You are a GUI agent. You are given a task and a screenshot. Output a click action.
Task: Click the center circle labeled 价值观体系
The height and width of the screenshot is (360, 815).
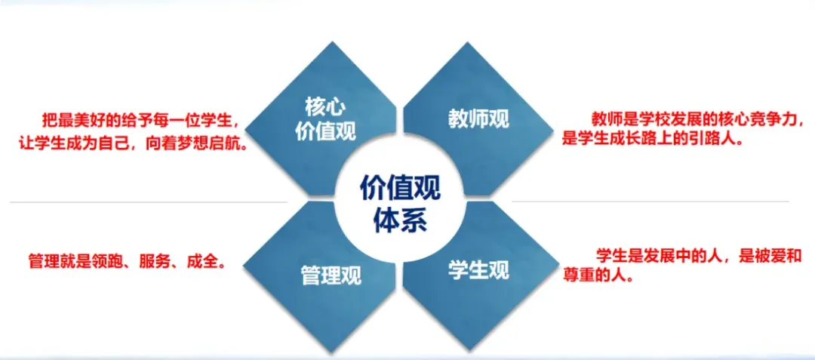tap(400, 201)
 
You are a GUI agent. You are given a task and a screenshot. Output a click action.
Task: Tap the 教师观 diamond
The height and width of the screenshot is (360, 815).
tap(478, 118)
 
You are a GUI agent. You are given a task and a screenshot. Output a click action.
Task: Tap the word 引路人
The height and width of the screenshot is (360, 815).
tap(718, 139)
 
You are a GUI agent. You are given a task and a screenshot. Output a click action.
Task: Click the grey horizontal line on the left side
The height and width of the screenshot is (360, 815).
tap(149, 202)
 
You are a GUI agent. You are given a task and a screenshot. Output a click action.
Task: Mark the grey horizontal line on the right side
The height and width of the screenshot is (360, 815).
tap(650, 202)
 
